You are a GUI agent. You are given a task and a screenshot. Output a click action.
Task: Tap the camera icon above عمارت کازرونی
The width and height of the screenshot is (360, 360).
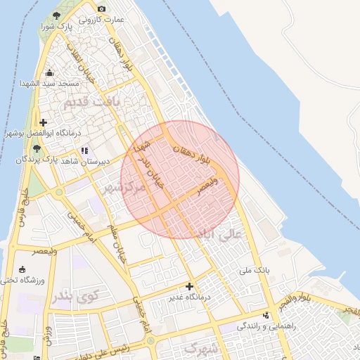pos(102,8)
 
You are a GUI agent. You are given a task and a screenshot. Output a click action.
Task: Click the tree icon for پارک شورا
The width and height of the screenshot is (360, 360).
pos(56,15)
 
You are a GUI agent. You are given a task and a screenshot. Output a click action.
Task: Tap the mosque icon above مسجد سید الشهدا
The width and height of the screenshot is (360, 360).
pos(49,72)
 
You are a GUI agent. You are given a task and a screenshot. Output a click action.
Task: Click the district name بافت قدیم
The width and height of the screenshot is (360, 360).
pos(92,103)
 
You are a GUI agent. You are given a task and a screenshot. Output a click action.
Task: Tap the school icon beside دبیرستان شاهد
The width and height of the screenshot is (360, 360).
pos(85,150)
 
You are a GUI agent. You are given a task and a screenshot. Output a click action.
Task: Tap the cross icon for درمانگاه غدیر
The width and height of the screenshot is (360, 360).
pos(188,286)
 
